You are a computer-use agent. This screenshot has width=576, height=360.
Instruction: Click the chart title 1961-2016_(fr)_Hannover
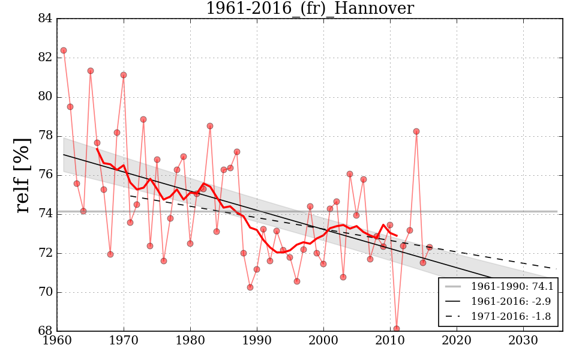tap(310, 8)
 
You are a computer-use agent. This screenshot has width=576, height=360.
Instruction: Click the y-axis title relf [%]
tap(23, 175)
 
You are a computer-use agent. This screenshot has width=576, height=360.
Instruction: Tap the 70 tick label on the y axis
tap(45, 292)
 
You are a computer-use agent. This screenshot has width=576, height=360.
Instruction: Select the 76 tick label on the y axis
tap(45, 175)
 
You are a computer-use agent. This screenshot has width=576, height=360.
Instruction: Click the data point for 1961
tap(64, 50)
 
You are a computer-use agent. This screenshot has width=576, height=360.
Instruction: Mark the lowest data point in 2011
tap(397, 329)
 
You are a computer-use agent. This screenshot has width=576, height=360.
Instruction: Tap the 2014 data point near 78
tap(416, 131)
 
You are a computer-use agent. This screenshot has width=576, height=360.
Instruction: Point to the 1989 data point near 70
tap(250, 287)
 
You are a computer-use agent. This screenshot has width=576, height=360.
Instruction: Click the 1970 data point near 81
tap(124, 75)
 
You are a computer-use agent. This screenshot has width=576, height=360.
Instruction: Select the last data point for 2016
tap(430, 247)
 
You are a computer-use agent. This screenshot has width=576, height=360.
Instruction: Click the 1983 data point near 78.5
tap(210, 126)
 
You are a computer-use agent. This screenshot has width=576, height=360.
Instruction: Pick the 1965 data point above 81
tap(91, 71)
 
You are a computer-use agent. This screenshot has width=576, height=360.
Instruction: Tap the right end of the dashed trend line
tap(556, 269)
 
